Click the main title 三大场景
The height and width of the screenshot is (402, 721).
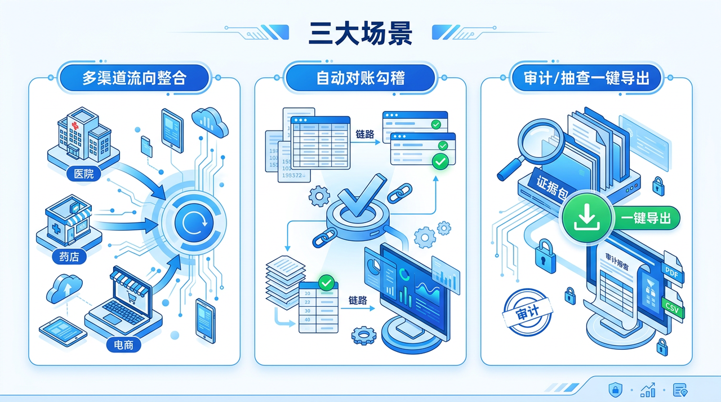(360, 33)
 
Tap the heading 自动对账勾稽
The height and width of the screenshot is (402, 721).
(360, 78)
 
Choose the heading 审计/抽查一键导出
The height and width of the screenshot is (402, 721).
(586, 78)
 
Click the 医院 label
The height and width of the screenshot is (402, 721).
(84, 173)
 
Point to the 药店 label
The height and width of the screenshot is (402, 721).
(69, 257)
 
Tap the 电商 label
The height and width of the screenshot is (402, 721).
(123, 344)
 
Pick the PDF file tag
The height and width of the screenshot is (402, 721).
(672, 273)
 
